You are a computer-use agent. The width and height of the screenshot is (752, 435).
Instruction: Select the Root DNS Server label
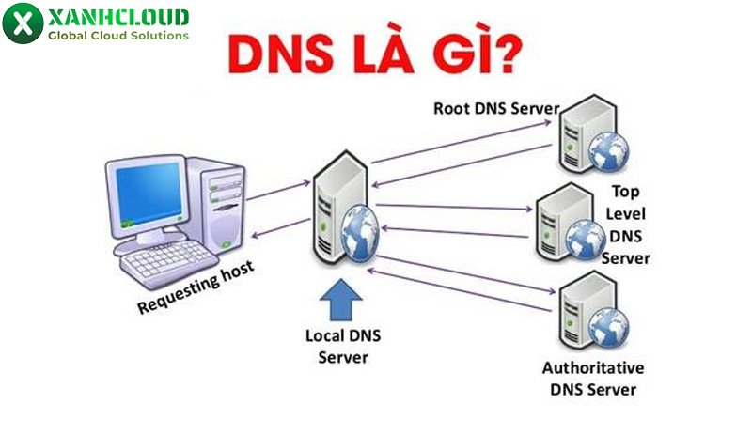[x=495, y=107]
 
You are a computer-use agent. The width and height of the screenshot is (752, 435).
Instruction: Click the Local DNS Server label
[x=338, y=346]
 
